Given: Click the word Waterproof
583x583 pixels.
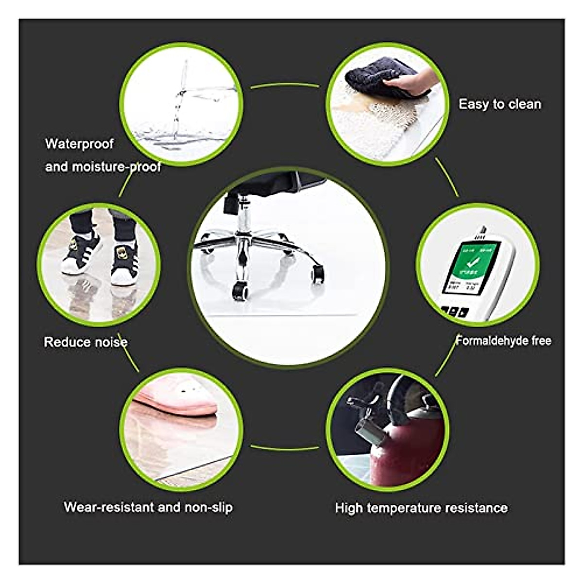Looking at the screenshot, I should [x=79, y=144].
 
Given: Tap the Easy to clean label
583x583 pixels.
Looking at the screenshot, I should [x=499, y=104].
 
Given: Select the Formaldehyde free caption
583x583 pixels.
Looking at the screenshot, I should [x=503, y=341].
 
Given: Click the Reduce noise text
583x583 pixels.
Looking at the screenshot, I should [x=86, y=343].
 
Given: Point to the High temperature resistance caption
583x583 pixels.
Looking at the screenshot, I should [x=421, y=508].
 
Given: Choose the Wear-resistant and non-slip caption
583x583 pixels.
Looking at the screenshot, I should [x=148, y=508].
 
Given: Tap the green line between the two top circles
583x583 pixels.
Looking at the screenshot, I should [x=285, y=86].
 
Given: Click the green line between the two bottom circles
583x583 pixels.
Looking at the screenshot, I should [x=285, y=447].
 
